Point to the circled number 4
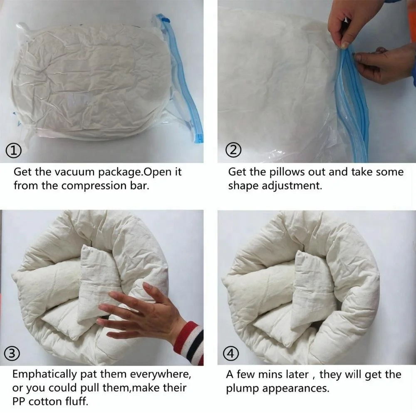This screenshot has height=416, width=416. tap(232, 354)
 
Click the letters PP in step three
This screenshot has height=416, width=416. tap(20, 402)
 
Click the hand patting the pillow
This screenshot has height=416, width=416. tap(141, 310)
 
